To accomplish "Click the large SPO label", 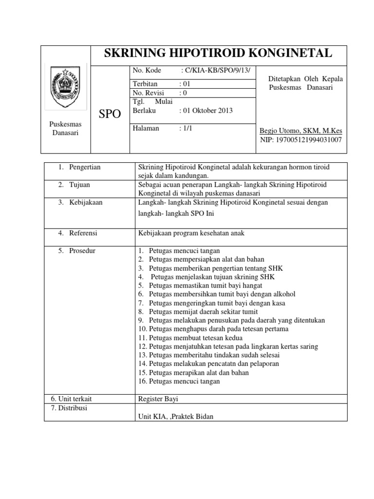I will click(x=110, y=115).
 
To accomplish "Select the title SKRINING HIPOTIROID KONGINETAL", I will click(x=218, y=54).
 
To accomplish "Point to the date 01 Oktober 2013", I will click(x=206, y=111).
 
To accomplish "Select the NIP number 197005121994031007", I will click(x=300, y=140).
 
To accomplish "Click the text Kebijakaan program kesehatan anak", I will click(x=191, y=233).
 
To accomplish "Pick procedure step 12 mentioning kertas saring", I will click(x=228, y=346).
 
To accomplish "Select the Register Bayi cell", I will click(x=158, y=399).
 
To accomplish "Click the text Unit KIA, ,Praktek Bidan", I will click(x=176, y=416).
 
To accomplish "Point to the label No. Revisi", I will click(x=149, y=93).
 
